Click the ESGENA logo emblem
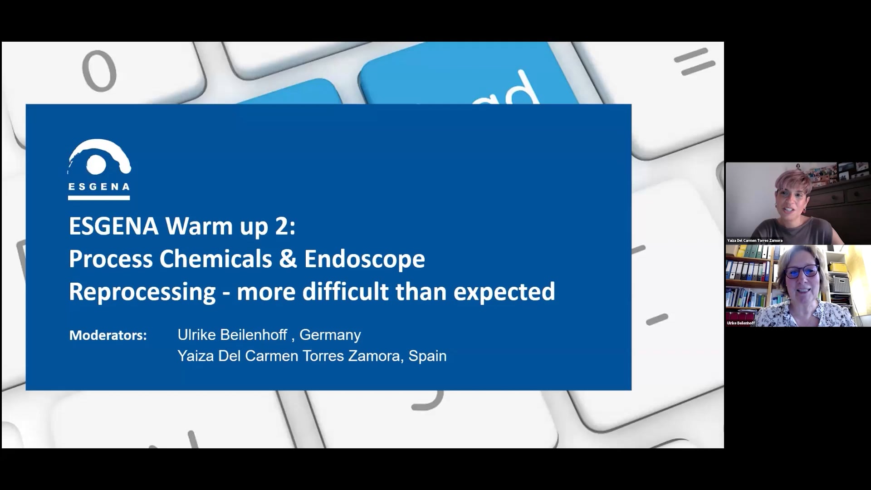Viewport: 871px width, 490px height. (x=99, y=157)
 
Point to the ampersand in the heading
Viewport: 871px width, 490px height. (x=288, y=259)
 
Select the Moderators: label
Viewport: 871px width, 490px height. (x=108, y=335)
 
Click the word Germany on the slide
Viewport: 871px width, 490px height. (x=330, y=335)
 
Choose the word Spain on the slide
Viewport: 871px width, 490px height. (x=427, y=356)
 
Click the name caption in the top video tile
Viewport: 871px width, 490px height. (x=755, y=240)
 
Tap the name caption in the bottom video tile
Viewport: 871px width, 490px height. (x=741, y=323)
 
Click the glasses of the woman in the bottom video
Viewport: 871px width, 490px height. (x=802, y=271)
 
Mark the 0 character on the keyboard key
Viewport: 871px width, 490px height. (x=99, y=71)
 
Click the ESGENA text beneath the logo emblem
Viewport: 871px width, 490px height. (x=99, y=186)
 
